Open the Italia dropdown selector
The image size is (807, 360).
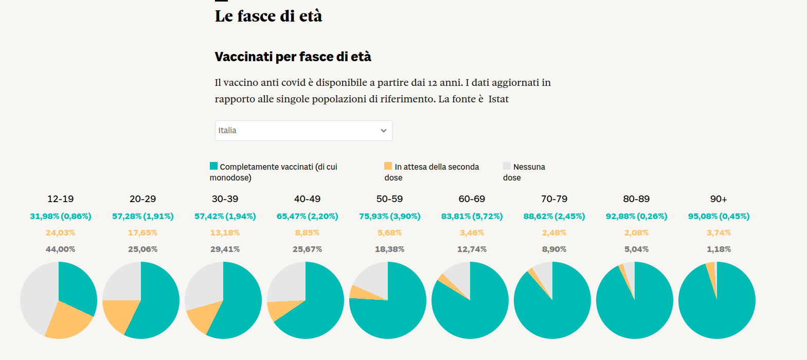point(303,131)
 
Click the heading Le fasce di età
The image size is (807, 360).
point(268,16)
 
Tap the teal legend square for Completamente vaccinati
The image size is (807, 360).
point(213,166)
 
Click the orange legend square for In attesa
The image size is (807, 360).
point(388,166)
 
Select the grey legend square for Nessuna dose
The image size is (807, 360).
point(507,166)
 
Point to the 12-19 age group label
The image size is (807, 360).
point(60,199)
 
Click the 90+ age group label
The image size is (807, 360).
point(719,199)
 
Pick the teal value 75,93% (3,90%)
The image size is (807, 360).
point(389,217)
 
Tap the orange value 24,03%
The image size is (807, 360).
point(60,233)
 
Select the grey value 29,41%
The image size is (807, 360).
point(225,249)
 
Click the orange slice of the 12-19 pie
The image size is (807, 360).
point(68,321)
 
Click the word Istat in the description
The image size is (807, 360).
point(498,99)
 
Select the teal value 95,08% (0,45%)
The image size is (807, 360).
point(719,217)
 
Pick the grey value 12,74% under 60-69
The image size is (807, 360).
point(472,249)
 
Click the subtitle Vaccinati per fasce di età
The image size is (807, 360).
point(293,57)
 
